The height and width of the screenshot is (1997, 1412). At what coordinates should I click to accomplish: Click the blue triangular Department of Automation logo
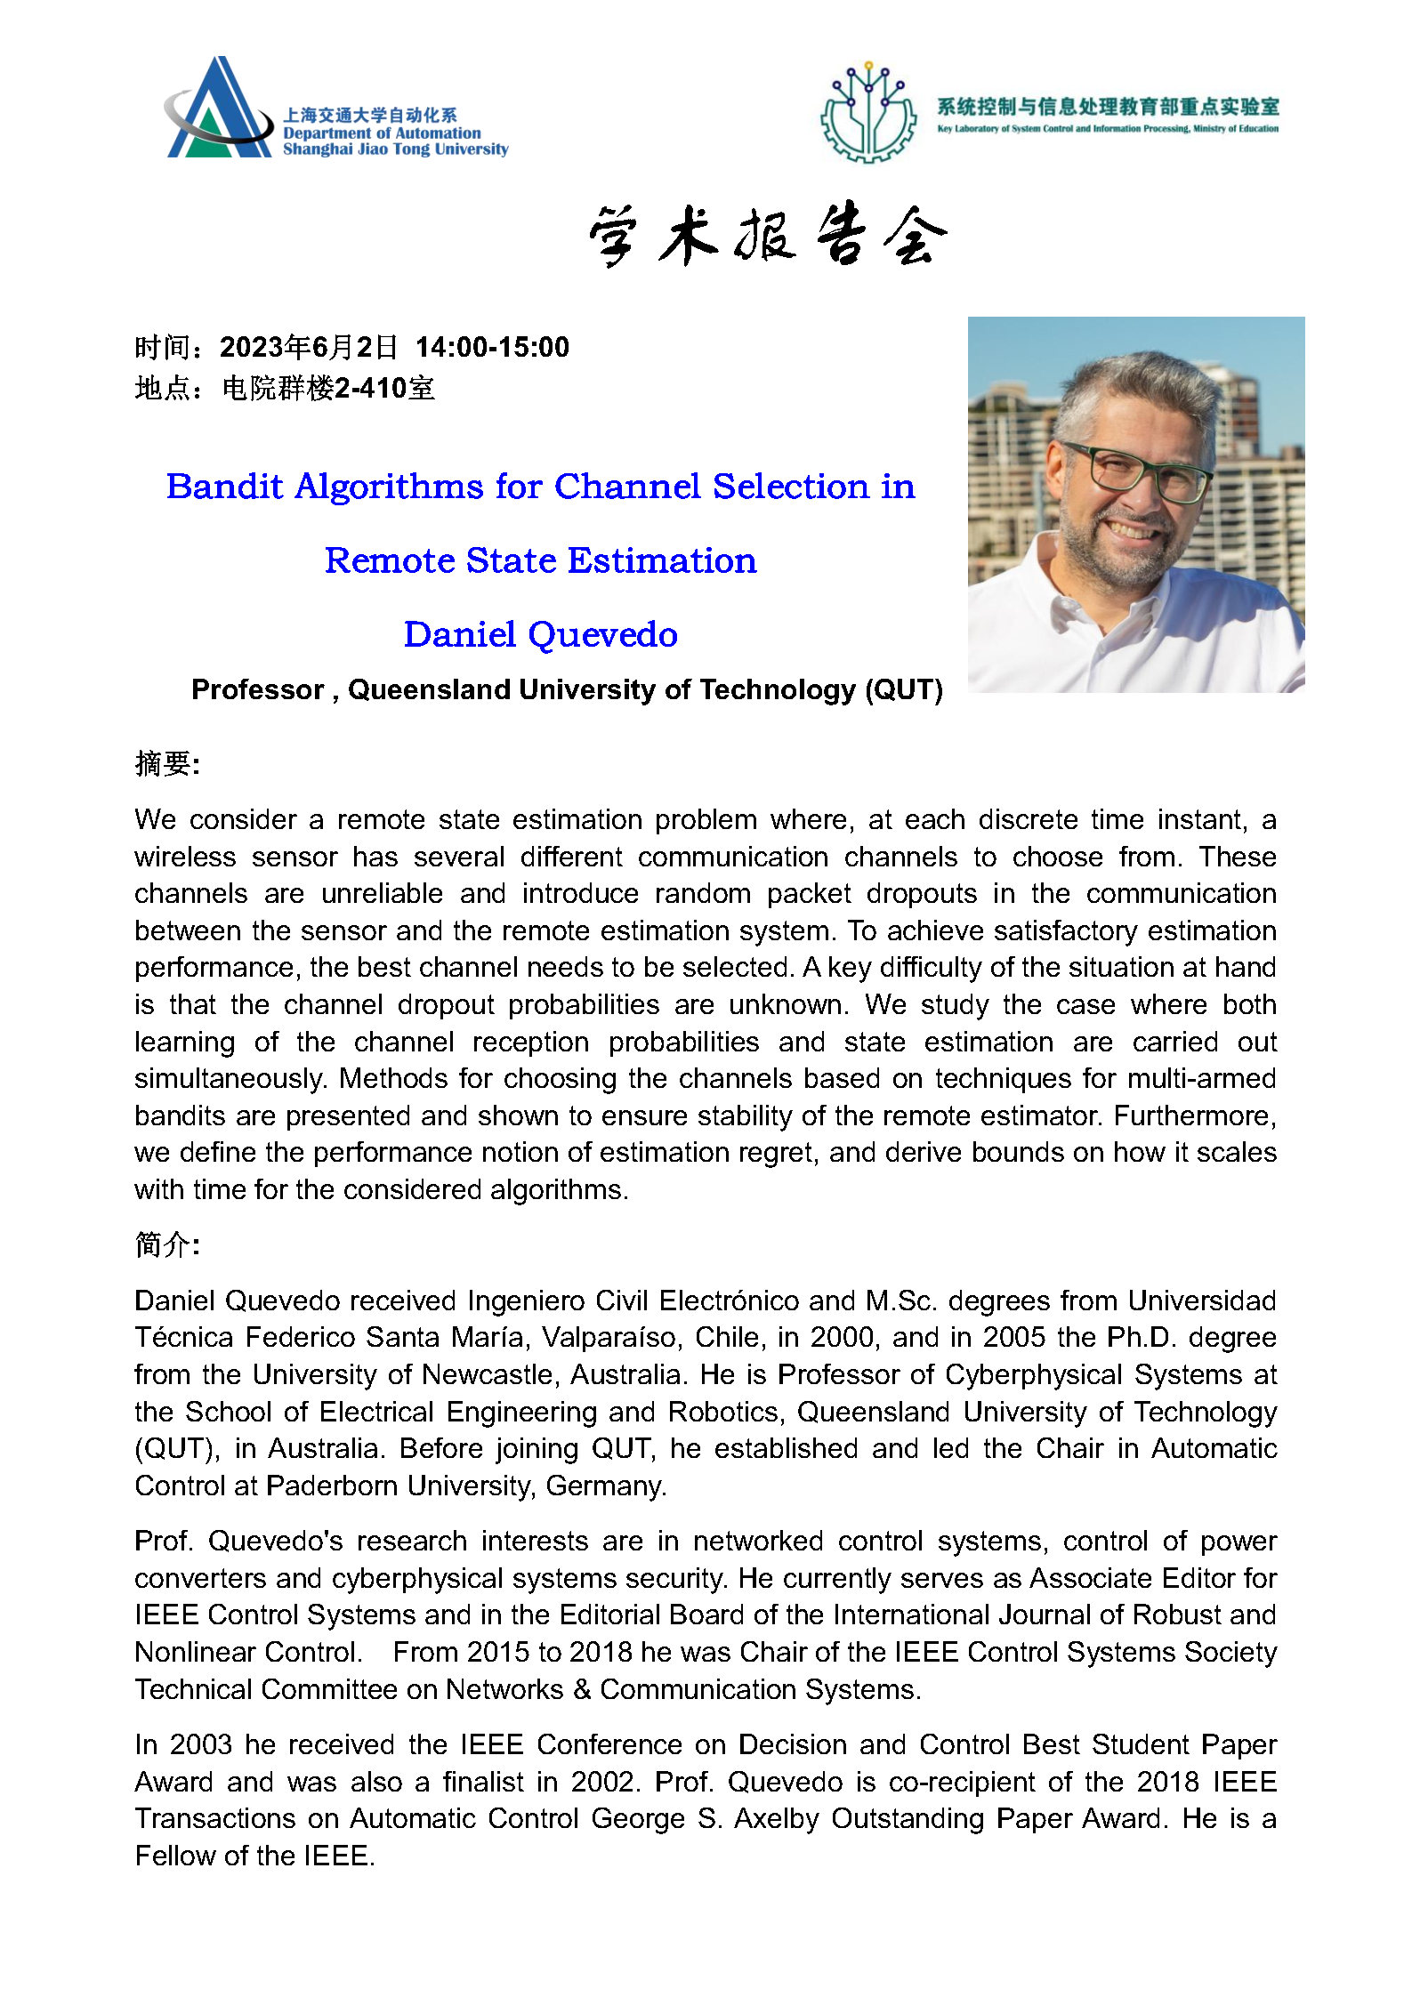[x=219, y=112]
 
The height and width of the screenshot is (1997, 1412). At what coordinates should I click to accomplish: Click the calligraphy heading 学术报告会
[x=767, y=235]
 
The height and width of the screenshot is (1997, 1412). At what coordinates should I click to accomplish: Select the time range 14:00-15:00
[x=492, y=347]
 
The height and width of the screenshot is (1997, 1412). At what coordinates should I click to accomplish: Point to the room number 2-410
[x=370, y=389]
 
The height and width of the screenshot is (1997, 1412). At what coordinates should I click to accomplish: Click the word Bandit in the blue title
[x=224, y=487]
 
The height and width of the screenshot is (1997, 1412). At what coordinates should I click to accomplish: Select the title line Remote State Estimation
[x=540, y=560]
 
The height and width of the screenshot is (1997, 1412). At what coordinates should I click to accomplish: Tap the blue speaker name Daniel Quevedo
[x=540, y=634]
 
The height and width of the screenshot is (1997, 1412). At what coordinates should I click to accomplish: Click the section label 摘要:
[x=167, y=763]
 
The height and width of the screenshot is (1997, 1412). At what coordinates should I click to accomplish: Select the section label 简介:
[x=167, y=1244]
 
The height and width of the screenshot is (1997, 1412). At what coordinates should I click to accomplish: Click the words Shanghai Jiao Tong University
[x=395, y=149]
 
